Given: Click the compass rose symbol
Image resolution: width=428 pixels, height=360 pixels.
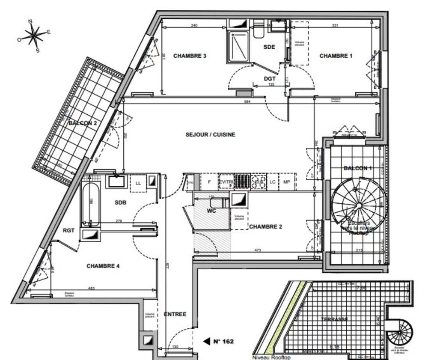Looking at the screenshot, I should coord(34,35).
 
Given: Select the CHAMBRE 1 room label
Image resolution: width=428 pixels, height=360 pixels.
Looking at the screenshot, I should coord(336,56).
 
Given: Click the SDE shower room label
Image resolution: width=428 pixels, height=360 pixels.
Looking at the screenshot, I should coord(269,47).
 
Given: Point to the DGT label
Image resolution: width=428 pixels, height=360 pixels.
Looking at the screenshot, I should coord(269,79).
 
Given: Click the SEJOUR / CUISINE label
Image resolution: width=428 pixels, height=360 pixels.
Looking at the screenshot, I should coord(210,134).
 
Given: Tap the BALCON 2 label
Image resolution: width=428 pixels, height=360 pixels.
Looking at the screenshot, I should coord(82,123).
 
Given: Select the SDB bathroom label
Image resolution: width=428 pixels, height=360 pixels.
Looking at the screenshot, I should coord(120,202).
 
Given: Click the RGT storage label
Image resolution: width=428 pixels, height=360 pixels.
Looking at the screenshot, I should coord(68,230).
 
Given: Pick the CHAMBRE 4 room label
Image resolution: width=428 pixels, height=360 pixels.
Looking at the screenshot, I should coord(103,266).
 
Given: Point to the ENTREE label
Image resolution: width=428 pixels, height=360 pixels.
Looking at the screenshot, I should coord(175,314).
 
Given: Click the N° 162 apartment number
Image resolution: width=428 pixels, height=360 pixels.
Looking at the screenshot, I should coord(223,341).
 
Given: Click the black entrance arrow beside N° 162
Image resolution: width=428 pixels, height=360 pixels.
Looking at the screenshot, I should coord(206,341).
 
